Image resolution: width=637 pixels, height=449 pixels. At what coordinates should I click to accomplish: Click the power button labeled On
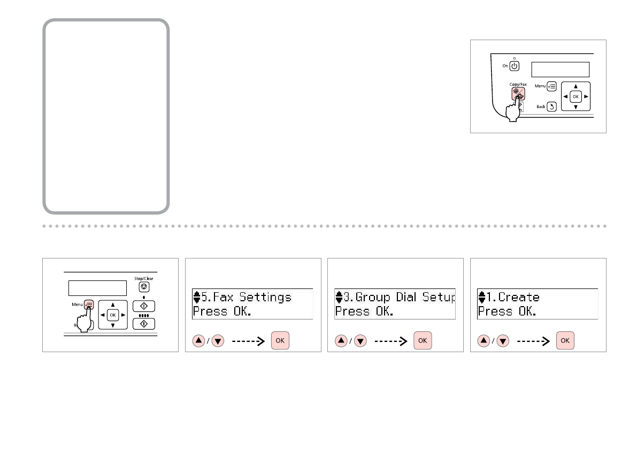513,66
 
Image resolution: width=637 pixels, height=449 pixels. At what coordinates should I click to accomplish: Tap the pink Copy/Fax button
517,92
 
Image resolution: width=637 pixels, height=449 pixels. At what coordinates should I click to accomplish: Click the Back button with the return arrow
551,106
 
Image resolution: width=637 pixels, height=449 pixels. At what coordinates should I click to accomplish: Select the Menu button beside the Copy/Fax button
551,85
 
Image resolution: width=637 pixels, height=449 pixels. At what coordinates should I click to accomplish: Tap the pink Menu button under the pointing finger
89,304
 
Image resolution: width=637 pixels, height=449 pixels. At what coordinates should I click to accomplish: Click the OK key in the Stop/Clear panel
112,315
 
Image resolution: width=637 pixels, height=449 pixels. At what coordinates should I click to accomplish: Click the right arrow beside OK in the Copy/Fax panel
586,97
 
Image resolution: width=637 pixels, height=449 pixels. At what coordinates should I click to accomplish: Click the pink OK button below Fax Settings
280,340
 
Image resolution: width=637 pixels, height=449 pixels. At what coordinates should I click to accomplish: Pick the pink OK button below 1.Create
565,340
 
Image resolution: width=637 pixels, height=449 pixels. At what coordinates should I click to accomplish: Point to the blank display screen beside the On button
560,70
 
